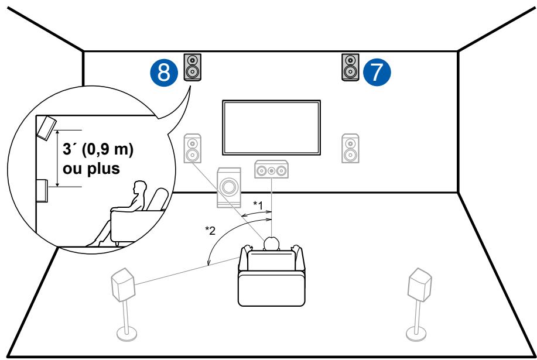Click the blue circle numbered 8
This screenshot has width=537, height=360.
pyautogui.click(x=166, y=71)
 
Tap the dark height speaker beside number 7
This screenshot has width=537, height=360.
pyautogui.click(x=350, y=67)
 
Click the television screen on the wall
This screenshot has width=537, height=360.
pyautogui.click(x=271, y=128)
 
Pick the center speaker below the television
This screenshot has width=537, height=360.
pyautogui.click(x=272, y=170)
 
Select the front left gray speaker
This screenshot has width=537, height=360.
pyautogui.click(x=193, y=149)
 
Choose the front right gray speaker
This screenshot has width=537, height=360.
pyautogui.click(x=350, y=149)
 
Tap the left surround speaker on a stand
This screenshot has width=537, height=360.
pyautogui.click(x=124, y=285)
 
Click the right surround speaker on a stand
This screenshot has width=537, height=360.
pyautogui.click(x=420, y=285)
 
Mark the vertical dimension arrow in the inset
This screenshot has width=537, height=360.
pyautogui.click(x=57, y=158)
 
